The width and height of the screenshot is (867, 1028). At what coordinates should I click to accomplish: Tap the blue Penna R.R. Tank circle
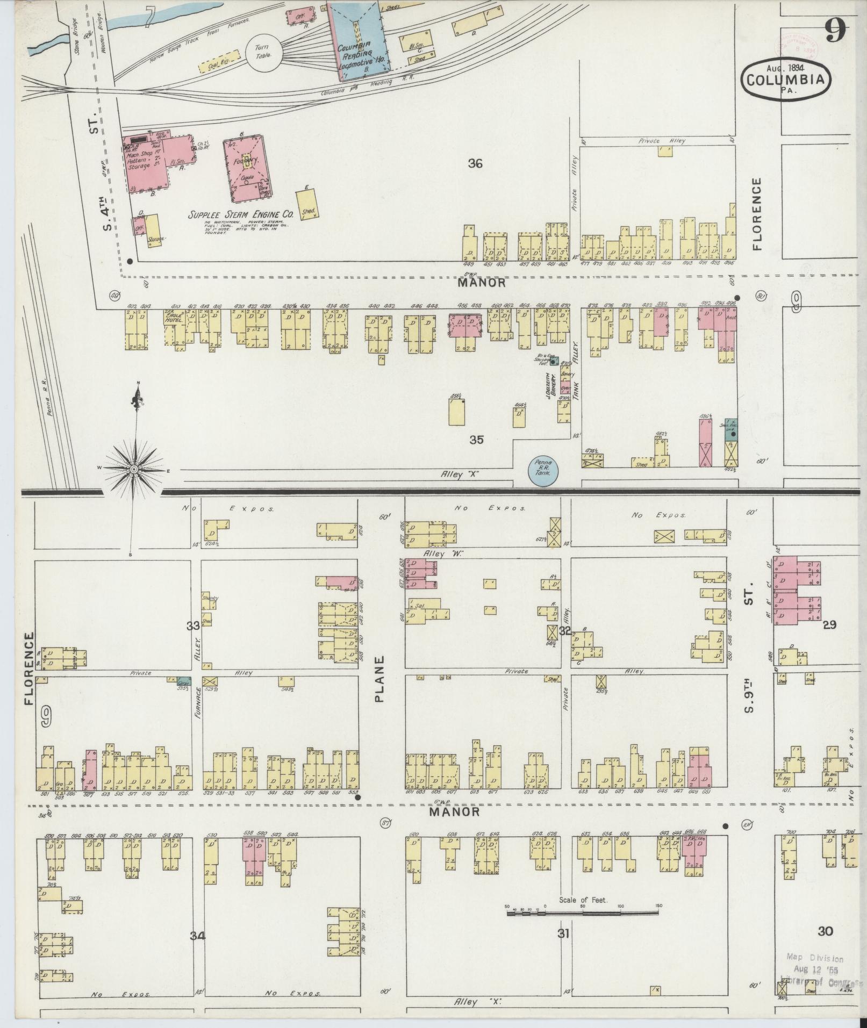(x=543, y=471)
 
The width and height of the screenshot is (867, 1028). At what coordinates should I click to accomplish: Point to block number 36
(x=475, y=164)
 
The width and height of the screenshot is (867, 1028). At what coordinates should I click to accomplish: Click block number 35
(x=476, y=440)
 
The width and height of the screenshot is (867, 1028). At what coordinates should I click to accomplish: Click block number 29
(x=829, y=624)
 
